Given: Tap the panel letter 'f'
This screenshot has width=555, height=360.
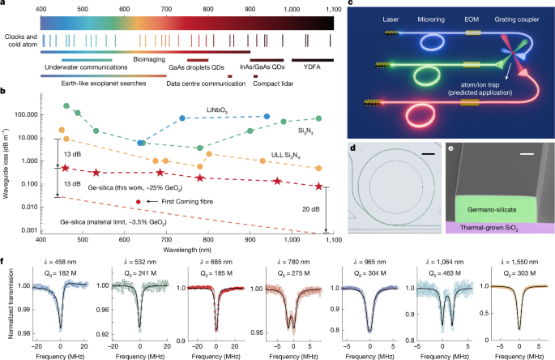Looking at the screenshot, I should (5, 262).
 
